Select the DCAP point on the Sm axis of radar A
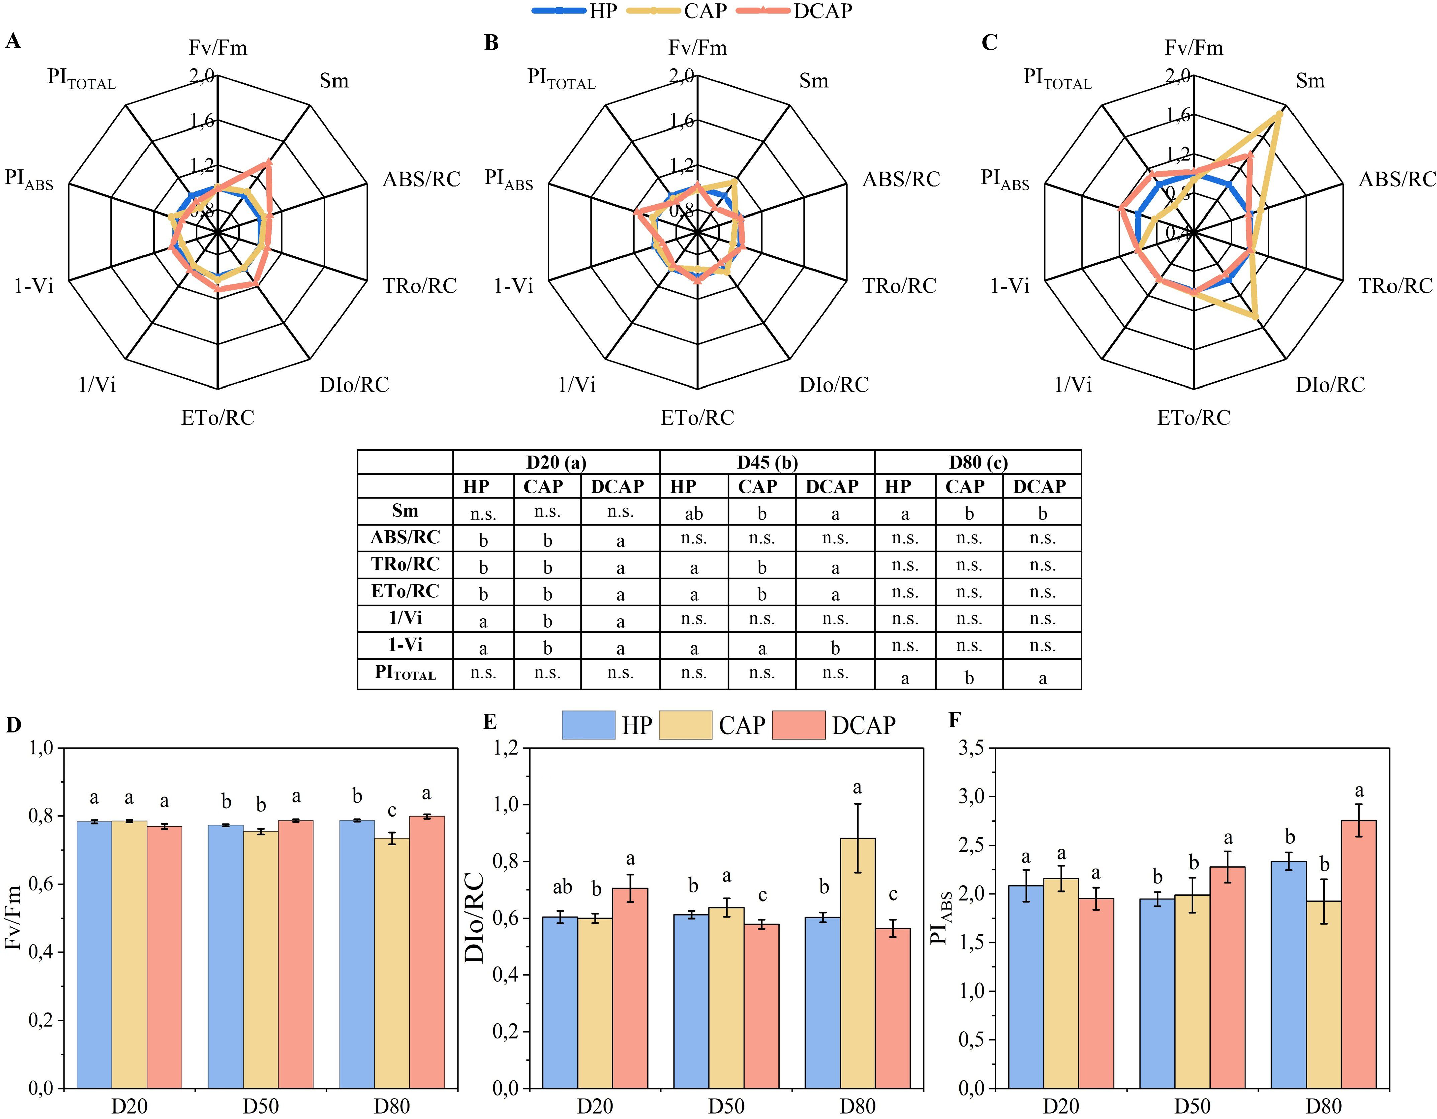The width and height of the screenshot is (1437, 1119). (x=267, y=163)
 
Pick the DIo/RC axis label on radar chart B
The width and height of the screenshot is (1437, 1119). (x=834, y=384)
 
